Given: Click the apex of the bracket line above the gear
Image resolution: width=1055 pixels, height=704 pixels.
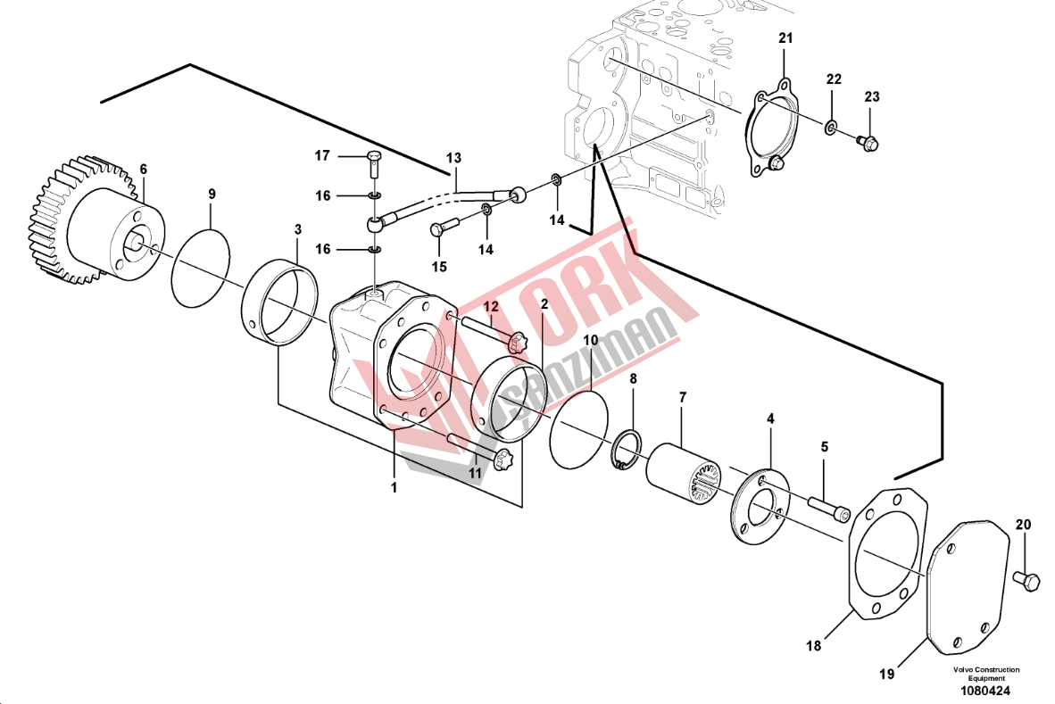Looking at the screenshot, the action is click(x=190, y=65).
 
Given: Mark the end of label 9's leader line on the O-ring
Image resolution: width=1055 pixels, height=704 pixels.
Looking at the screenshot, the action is click(x=210, y=228).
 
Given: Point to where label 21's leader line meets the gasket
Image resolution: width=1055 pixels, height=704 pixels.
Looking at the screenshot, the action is click(x=785, y=80).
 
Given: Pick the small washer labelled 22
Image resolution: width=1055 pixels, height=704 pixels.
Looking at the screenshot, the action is click(x=831, y=126).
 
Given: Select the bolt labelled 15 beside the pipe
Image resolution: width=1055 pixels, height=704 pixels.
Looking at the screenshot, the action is click(x=444, y=227).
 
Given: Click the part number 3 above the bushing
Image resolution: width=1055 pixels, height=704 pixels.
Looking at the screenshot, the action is click(x=297, y=230).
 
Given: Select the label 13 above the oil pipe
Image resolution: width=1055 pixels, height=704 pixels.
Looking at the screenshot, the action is click(x=454, y=158).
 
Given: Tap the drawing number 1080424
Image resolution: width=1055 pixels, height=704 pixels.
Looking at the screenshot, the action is click(x=985, y=691).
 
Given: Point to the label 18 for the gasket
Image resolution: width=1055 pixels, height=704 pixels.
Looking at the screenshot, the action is click(x=813, y=646).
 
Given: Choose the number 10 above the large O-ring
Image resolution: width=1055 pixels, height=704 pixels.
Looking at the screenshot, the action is click(x=590, y=340).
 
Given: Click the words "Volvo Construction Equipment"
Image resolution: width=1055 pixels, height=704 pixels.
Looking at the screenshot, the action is click(x=985, y=674).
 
